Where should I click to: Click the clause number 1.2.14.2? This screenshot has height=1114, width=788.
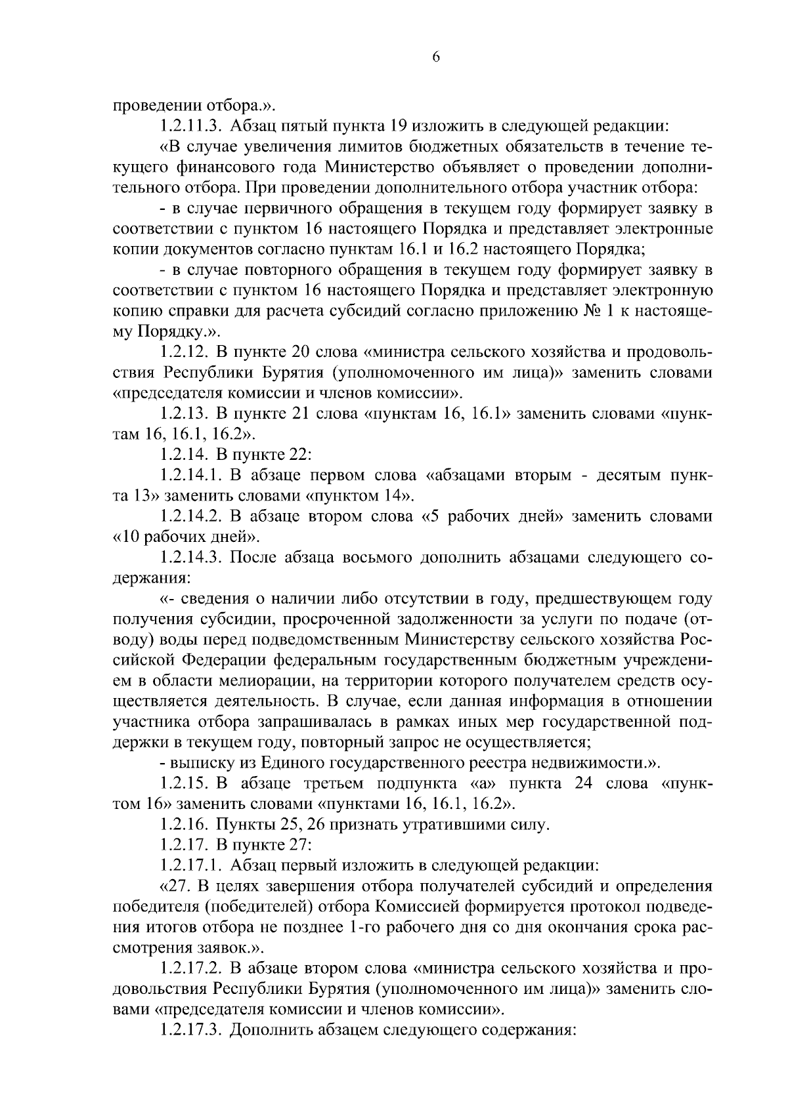(190, 516)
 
